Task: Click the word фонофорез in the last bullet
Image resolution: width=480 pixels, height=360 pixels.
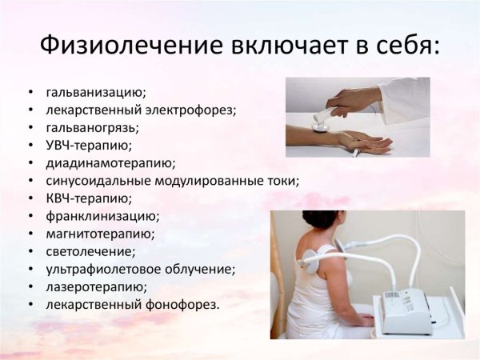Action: (186, 304)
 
